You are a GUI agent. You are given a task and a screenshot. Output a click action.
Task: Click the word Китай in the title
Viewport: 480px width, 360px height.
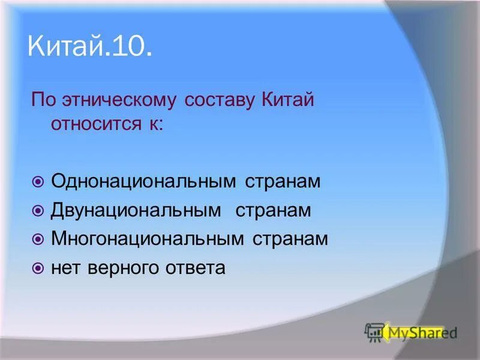tap(64, 46)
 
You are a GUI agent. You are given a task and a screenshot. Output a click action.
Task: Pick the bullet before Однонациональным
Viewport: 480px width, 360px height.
tap(38, 181)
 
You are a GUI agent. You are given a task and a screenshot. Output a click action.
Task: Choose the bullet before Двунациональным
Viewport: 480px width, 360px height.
tap(38, 211)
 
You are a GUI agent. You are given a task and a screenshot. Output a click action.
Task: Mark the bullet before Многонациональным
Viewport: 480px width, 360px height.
tap(38, 239)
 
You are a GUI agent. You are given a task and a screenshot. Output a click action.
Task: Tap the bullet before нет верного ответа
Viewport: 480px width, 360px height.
tap(38, 268)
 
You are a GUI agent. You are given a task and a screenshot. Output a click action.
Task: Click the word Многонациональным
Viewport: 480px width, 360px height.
tap(148, 239)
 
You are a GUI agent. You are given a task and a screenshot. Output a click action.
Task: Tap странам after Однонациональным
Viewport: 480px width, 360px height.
tap(283, 181)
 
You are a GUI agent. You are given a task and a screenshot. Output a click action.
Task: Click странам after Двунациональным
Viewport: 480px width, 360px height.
tap(273, 211)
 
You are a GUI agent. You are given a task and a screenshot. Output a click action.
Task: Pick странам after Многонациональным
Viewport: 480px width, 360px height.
tap(290, 239)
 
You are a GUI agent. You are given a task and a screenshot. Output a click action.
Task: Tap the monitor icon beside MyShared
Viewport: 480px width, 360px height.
tap(374, 332)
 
